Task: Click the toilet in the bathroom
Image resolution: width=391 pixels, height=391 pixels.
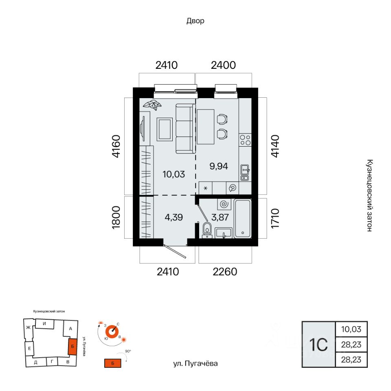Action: point(207,230)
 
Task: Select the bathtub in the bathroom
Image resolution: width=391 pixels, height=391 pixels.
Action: point(243,219)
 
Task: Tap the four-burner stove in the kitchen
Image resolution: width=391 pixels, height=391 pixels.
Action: point(245,140)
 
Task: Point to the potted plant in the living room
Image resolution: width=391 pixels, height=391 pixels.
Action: point(152,105)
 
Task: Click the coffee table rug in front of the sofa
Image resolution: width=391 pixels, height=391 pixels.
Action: point(165,130)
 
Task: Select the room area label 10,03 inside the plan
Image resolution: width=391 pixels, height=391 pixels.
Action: point(174,174)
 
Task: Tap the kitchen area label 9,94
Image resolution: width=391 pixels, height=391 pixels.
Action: point(219,166)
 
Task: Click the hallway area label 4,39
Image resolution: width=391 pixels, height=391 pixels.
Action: point(174,217)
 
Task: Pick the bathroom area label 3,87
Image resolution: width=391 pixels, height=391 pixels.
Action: point(220,217)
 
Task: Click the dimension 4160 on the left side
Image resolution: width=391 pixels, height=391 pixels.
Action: point(116,146)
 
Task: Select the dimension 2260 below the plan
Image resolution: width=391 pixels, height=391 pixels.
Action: point(225,272)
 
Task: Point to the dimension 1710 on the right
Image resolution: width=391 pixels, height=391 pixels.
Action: point(275,218)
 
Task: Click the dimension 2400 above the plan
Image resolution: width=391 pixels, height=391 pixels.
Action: point(223,65)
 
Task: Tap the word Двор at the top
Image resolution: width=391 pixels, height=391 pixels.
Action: point(195,21)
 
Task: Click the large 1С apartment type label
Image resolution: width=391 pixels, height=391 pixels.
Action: point(319,345)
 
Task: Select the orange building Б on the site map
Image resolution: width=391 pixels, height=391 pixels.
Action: point(72,346)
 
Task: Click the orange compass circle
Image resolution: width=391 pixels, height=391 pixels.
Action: point(112,332)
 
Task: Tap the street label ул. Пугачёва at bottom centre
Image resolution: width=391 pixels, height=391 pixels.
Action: point(195,364)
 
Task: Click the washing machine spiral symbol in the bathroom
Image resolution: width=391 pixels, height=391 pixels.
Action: point(224,204)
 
